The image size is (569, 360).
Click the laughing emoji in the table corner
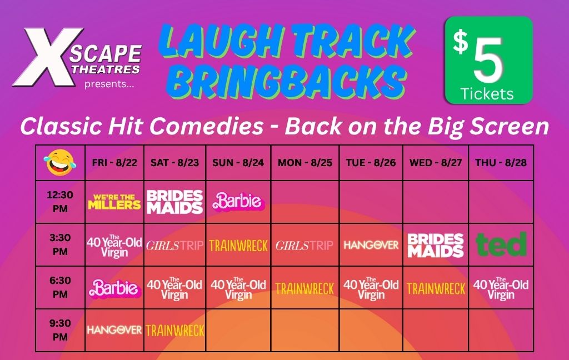60,163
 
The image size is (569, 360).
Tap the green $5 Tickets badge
489,60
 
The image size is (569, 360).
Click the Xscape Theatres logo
77,57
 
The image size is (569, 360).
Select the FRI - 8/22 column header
114,163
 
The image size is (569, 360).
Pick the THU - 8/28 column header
501,163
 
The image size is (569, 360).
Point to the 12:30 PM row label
60,202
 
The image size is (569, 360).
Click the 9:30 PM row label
60,330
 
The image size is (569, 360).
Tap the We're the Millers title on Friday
114,202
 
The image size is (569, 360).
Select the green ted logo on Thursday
501,244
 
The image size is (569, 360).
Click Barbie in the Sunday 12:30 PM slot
238,202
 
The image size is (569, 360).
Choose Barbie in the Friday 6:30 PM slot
114,288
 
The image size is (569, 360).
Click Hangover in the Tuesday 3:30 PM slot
371,245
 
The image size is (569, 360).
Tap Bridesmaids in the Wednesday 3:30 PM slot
436,246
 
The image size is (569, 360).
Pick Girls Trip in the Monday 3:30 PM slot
305,246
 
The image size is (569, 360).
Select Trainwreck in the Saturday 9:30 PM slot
175,330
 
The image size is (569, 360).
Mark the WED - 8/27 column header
436,163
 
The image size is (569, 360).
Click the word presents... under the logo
109,84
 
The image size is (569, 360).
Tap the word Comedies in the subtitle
207,126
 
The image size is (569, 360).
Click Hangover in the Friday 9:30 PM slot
114,330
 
